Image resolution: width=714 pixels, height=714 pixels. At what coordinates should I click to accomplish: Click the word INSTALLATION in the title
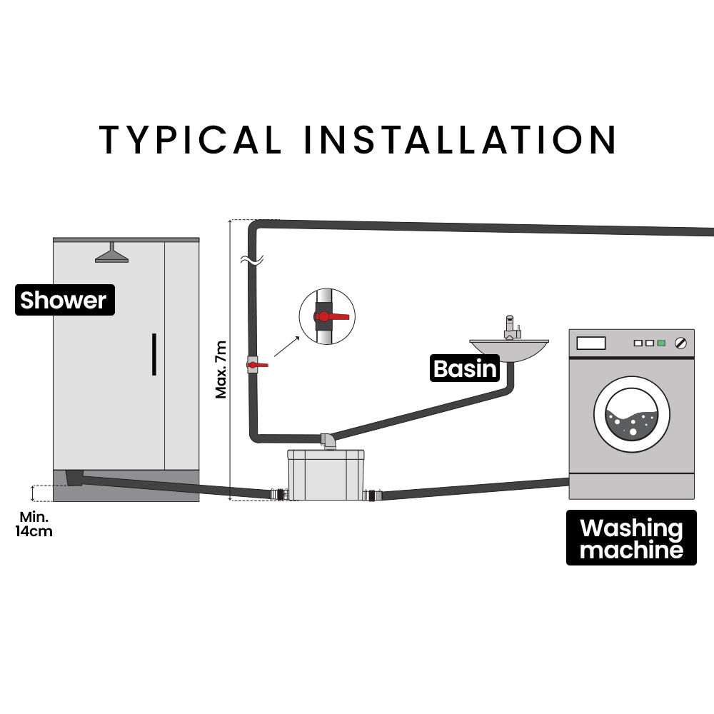pos(460,139)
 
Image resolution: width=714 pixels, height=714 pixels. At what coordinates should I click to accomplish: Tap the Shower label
pos(64,301)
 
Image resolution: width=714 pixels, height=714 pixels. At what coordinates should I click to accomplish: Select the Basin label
pos(465,368)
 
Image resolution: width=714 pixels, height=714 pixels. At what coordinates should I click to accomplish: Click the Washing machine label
pos(631,538)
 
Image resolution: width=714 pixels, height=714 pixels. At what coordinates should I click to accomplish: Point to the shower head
pos(112,254)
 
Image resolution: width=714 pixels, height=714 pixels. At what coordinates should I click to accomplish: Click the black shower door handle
pos(154,354)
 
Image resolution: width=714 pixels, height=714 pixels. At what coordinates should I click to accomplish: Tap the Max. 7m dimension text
pos(221,368)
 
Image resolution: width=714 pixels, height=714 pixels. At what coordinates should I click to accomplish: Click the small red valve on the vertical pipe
pos(255,365)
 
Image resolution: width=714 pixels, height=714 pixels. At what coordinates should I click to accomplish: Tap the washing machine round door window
pos(632,415)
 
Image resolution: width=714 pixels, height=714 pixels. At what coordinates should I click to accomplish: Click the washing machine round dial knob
pos(681,343)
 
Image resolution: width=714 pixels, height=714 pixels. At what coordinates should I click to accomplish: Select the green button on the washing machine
pos(662,343)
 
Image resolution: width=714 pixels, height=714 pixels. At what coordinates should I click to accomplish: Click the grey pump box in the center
pos(326,475)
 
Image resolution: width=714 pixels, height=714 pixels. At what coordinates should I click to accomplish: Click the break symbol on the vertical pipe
pos(253,261)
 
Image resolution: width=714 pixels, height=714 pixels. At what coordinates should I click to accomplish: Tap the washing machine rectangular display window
pos(591,343)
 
